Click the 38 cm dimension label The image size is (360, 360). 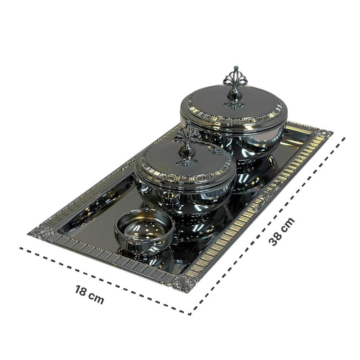[282, 231]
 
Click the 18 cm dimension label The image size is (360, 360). [89, 294]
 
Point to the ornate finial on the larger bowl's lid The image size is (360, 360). [235, 87]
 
